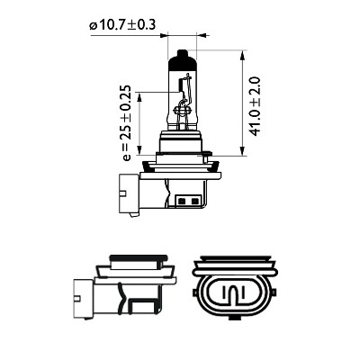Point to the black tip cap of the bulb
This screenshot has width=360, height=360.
183,58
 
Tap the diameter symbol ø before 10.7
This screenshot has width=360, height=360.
93,25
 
